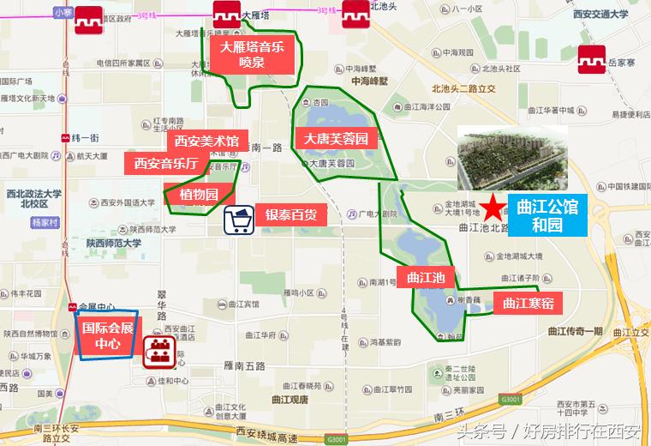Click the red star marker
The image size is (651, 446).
click(x=493, y=207)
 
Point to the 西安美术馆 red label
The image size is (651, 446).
click(x=206, y=141)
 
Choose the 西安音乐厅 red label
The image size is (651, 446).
click(x=167, y=163)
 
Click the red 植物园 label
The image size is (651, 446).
click(x=199, y=194)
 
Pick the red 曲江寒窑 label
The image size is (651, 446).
click(x=528, y=303)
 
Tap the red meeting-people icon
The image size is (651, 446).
click(x=158, y=352)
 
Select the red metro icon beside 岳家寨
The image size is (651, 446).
click(x=592, y=61)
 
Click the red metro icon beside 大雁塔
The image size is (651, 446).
click(x=227, y=16)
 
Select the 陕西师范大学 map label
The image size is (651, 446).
click(x=113, y=243)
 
